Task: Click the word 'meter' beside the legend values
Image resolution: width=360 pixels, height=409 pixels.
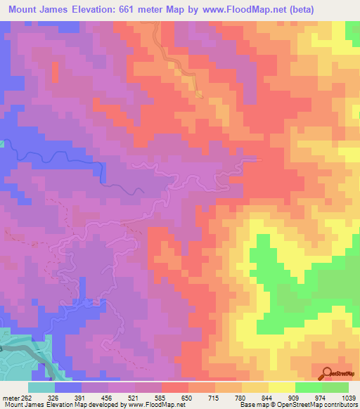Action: [x=10, y=398]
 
